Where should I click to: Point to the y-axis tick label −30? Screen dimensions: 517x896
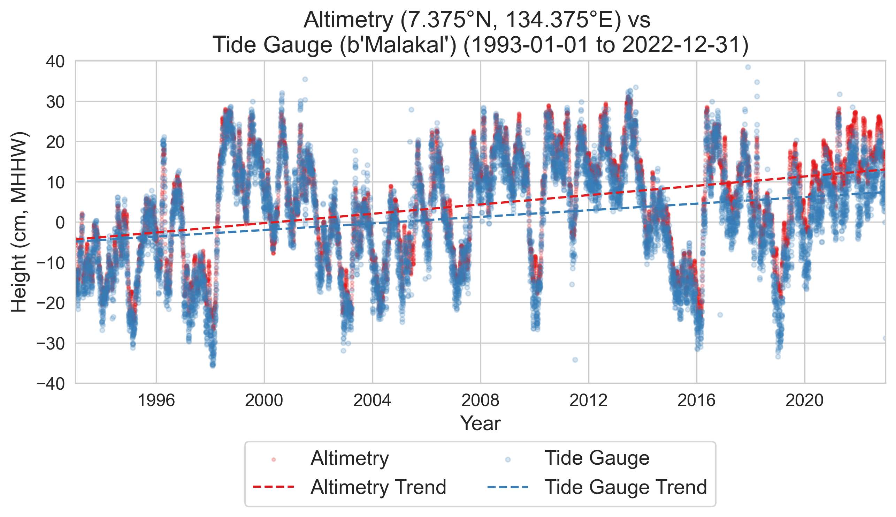(51, 343)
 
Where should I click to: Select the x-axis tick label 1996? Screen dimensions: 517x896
(156, 401)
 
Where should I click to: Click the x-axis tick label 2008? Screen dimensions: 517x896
(480, 401)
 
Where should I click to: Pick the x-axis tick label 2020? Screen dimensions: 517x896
(804, 401)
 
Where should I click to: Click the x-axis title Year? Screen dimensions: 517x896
(480, 424)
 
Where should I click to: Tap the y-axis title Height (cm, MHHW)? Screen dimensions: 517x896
(19, 222)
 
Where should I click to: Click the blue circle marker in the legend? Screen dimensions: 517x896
(508, 459)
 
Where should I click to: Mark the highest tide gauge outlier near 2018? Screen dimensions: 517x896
(748, 67)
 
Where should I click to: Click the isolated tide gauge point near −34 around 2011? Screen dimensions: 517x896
(575, 360)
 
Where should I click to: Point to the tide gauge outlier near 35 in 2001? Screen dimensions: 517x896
(305, 79)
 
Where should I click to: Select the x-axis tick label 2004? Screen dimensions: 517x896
(373, 401)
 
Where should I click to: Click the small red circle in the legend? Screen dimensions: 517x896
(274, 459)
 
